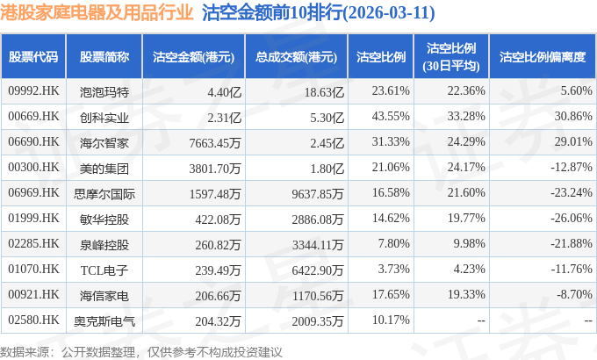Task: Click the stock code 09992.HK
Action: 33,91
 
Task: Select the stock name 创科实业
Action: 104,118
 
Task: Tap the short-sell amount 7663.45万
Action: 215,143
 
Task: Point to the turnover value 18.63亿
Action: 324,92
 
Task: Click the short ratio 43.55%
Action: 391,116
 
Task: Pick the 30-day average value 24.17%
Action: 466,167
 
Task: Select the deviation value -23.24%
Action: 572,193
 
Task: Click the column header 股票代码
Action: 33,57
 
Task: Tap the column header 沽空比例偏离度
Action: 543,57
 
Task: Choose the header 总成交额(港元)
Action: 296,57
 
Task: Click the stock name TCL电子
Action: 104,270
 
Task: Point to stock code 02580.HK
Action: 33,320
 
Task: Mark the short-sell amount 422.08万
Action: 218,220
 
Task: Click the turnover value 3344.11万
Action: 318,245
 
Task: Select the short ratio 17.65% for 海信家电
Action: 391,294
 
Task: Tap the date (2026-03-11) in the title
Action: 389,13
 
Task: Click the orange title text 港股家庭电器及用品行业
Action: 97,12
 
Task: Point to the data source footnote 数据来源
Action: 25,352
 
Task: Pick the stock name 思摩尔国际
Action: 104,194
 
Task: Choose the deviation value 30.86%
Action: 573,116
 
